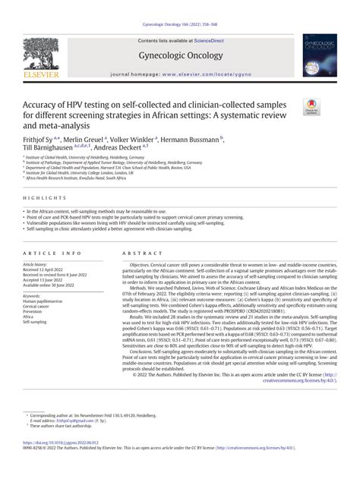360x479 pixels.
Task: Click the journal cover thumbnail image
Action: coord(319,55)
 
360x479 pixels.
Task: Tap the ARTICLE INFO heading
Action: coord(50,251)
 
